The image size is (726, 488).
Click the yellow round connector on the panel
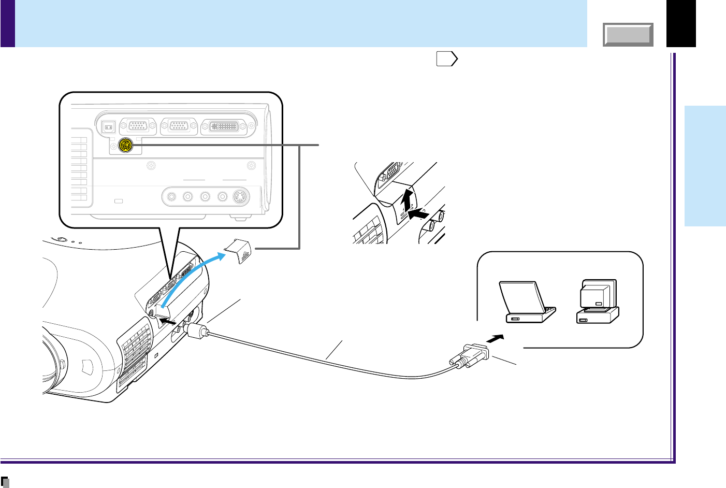pyautogui.click(x=125, y=146)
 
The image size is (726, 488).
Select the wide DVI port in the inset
pyautogui.click(x=226, y=126)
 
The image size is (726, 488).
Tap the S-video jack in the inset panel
pyautogui.click(x=240, y=197)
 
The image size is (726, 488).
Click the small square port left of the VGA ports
pyautogui.click(x=108, y=126)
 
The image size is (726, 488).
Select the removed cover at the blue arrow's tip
pyautogui.click(x=241, y=250)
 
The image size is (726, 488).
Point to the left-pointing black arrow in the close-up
pyautogui.click(x=419, y=213)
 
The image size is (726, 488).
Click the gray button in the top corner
pyautogui.click(x=628, y=35)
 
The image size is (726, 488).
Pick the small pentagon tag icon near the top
pyautogui.click(x=446, y=60)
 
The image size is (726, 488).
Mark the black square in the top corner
pyautogui.click(x=681, y=23)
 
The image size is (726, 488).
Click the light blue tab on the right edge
pyautogui.click(x=705, y=166)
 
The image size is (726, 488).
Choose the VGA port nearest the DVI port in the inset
pyautogui.click(x=179, y=126)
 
